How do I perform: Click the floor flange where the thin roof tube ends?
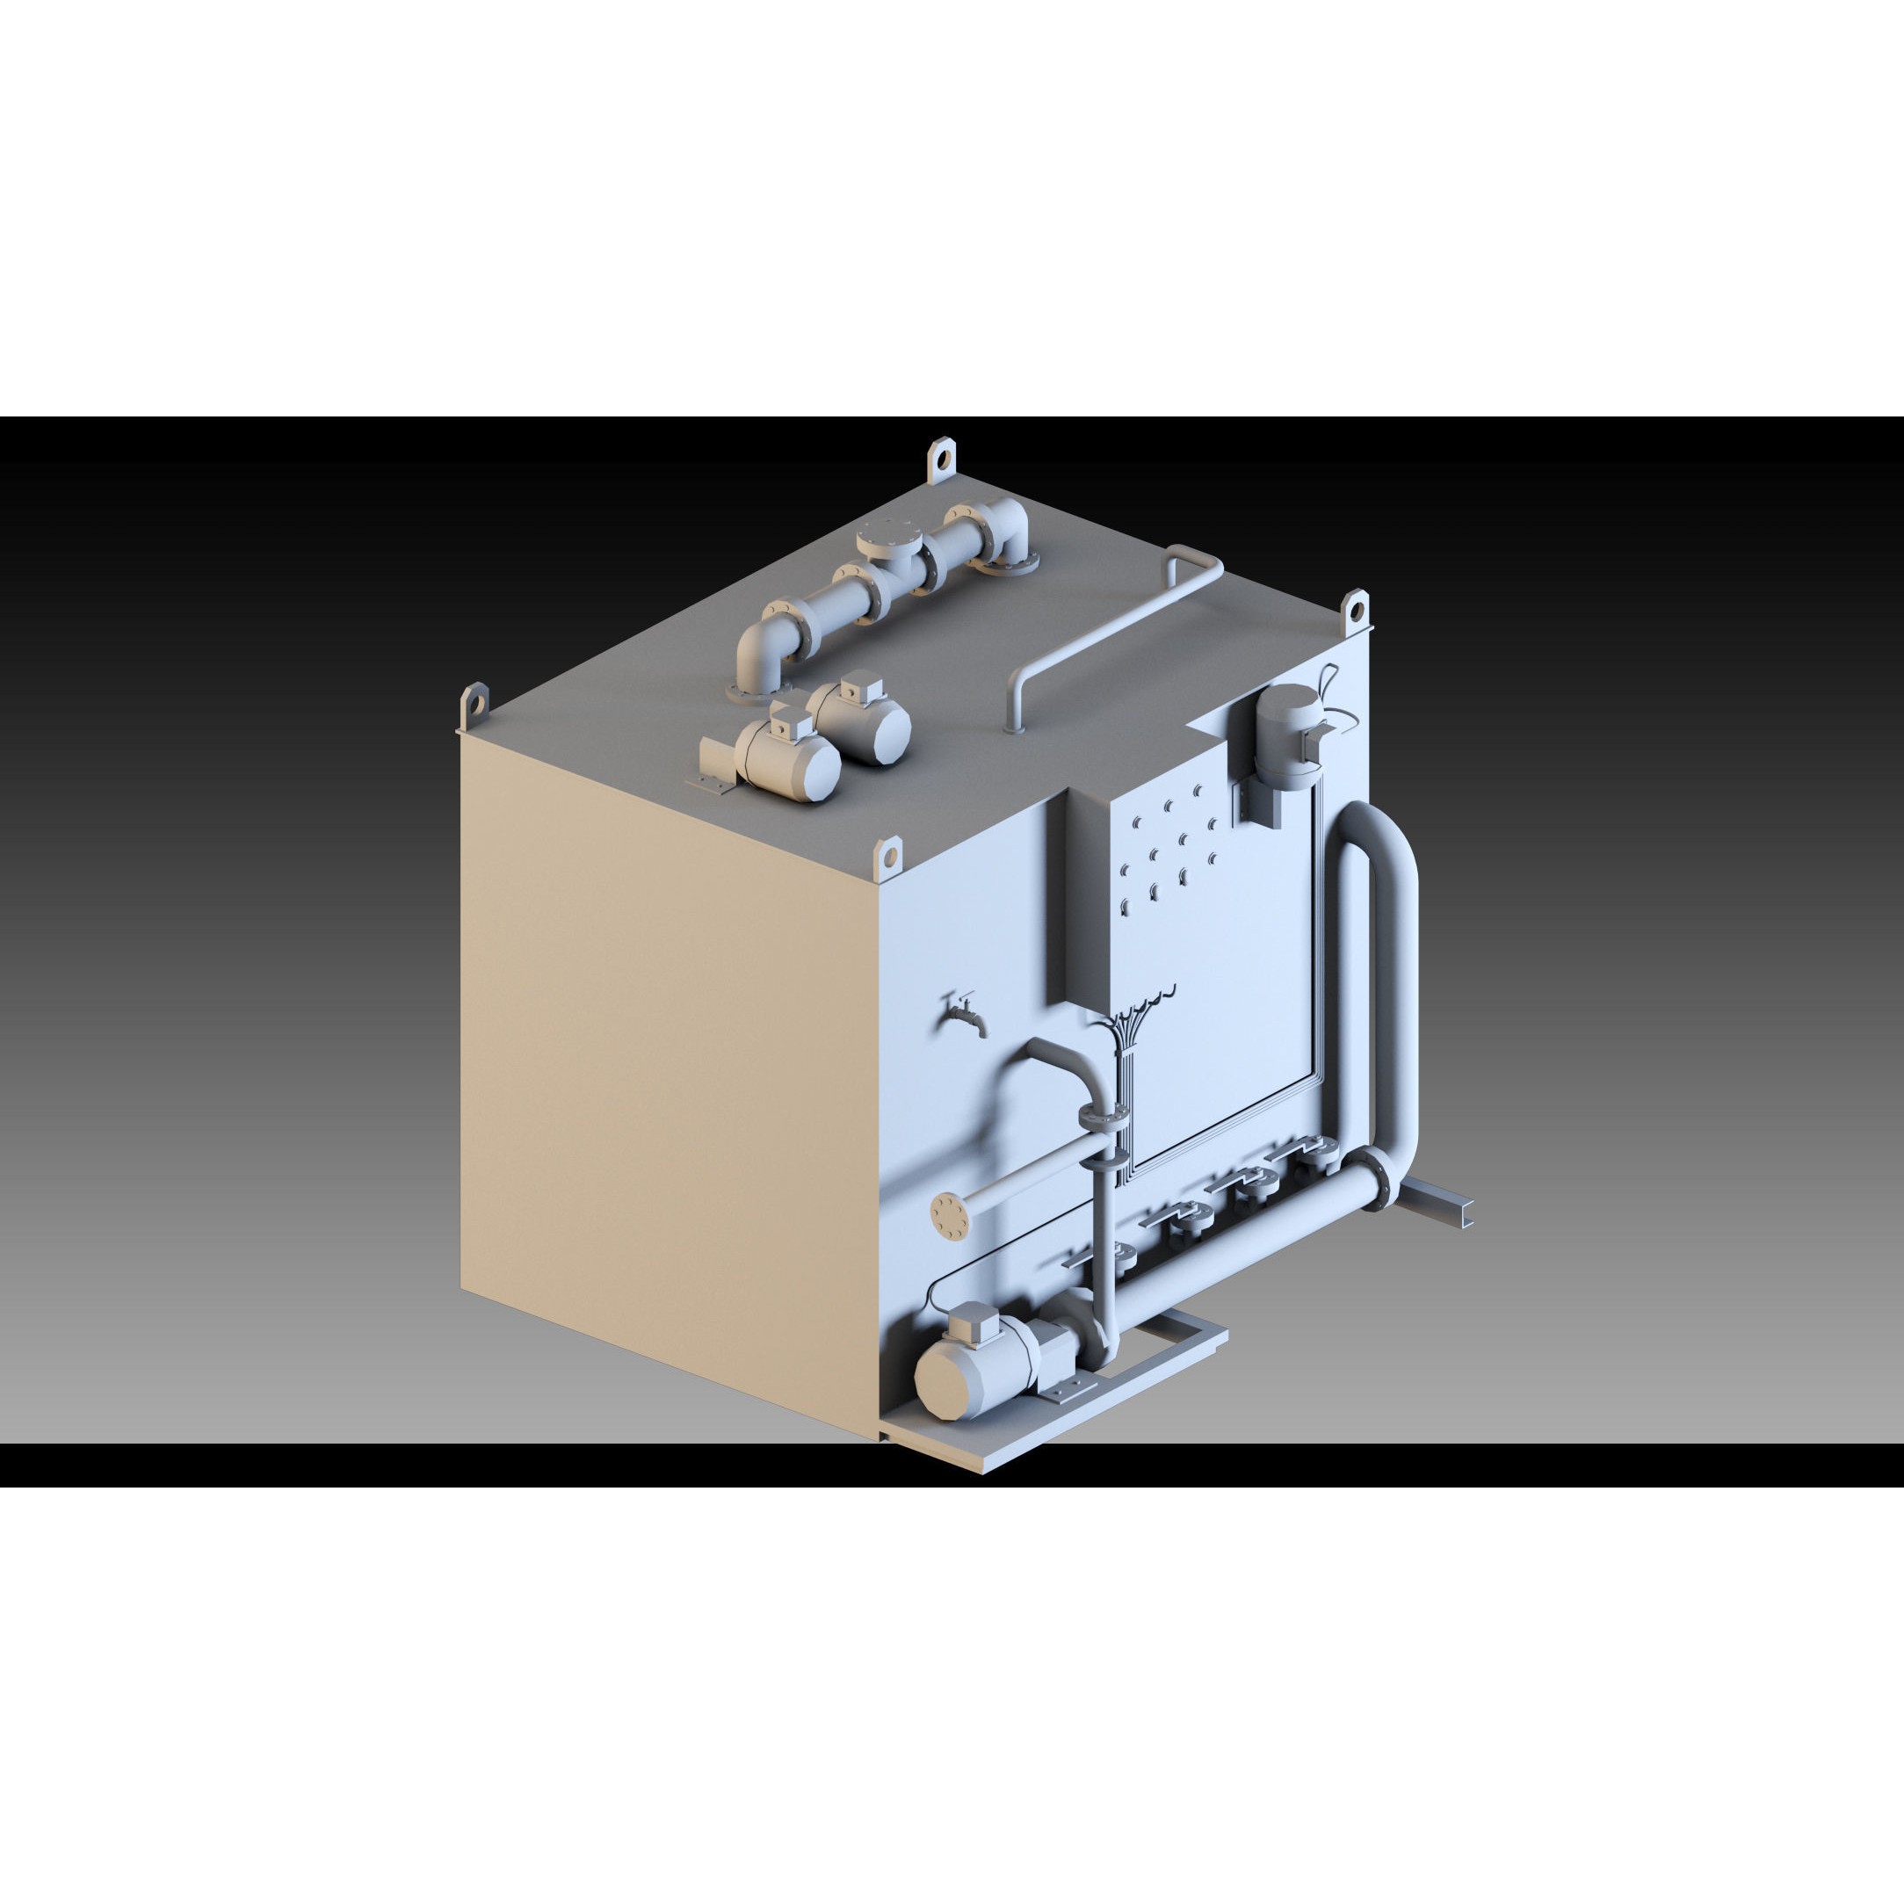pyautogui.click(x=1014, y=728)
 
